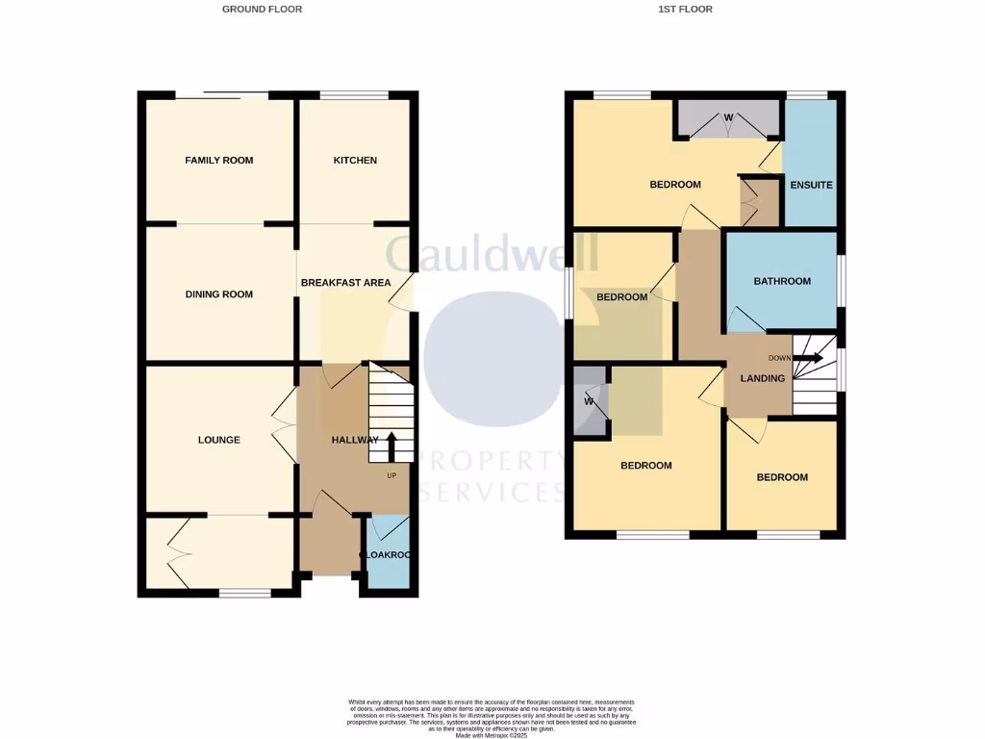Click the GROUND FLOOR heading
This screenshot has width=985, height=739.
pos(262,10)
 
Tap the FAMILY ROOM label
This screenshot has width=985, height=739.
pos(219,160)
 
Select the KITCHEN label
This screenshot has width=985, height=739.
pos(355,160)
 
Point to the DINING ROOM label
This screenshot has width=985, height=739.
pos(219,294)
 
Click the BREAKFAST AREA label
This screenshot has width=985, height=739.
pos(345,283)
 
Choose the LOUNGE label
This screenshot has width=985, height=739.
pos(219,440)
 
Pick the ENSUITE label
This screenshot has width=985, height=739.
pos(811,185)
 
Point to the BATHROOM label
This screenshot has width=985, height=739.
pos(781,282)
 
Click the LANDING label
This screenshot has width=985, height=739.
pos(762,378)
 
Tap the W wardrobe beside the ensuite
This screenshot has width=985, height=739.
pos(728,118)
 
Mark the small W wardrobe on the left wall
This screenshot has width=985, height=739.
pos(589,401)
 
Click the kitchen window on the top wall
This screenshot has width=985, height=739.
pos(354,95)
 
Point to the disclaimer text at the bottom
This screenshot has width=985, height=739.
pos(492,718)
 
